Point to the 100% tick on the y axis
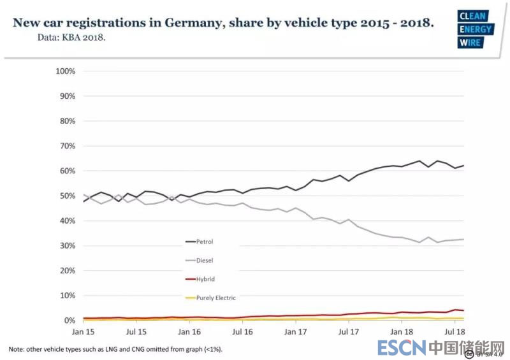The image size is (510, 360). click(66, 71)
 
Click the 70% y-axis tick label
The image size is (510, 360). click(68, 146)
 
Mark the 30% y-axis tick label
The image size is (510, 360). click(68, 245)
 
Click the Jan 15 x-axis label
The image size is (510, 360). click(84, 332)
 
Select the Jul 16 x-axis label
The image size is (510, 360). click(243, 332)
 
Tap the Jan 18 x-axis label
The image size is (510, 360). click(401, 332)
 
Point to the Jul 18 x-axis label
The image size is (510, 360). click(454, 332)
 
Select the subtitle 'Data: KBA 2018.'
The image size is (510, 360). click(71, 37)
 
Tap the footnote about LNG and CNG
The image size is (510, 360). click(115, 349)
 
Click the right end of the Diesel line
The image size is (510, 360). click(463, 239)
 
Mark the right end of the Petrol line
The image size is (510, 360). click(463, 166)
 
